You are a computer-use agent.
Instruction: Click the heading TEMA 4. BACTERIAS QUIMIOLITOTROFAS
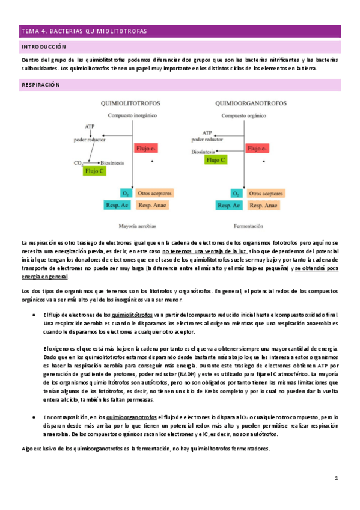coord(84,31)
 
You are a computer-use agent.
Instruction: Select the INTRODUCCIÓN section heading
coord(44,46)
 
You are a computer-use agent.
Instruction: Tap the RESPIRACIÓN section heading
coord(41,85)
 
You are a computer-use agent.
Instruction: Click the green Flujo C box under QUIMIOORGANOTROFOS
coord(216,160)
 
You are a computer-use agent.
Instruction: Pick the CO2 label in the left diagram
coord(78,162)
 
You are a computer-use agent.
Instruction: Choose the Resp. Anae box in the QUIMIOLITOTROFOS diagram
coord(151,205)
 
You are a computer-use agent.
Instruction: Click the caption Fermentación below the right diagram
coord(247,227)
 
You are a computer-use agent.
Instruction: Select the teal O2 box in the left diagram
coord(126,194)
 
